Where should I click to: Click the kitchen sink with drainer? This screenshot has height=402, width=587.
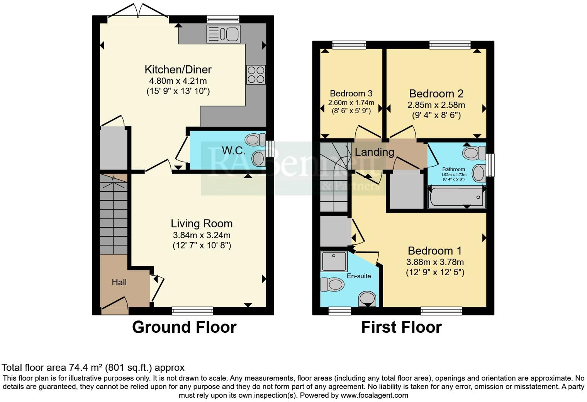[223, 34]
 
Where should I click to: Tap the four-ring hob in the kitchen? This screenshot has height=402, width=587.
[256, 75]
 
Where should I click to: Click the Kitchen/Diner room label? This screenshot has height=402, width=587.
[178, 70]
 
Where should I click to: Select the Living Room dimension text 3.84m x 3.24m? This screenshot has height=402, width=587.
[202, 235]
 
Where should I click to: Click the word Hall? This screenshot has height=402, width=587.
[119, 282]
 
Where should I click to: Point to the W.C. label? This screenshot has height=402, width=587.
[234, 150]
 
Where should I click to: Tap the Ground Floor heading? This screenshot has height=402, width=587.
[184, 327]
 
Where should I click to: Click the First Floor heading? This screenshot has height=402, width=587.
[402, 327]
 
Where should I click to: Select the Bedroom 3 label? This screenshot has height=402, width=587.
[351, 94]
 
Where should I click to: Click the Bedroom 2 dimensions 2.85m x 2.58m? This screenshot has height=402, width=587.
[436, 105]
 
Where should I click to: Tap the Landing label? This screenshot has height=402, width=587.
[375, 152]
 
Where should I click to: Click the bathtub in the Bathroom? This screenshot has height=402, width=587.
[457, 197]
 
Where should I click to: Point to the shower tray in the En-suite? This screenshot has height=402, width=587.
[334, 261]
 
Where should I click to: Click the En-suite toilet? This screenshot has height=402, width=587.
[332, 284]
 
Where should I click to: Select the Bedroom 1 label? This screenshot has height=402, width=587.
[435, 251]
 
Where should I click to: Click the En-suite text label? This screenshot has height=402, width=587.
[359, 276]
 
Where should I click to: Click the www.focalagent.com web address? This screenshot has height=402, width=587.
[374, 395]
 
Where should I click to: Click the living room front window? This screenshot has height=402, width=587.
[192, 311]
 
